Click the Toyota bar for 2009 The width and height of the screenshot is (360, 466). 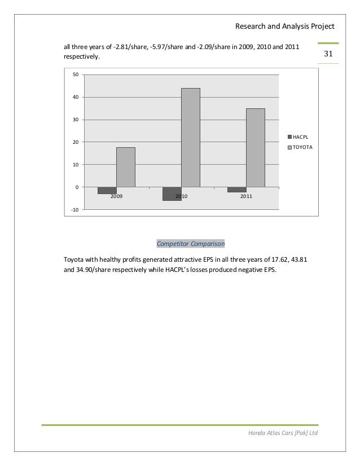(x=125, y=167)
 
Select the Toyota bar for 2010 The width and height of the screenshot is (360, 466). (x=190, y=137)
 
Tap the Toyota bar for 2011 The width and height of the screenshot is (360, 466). (x=255, y=147)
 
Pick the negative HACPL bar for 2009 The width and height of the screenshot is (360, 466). (x=107, y=190)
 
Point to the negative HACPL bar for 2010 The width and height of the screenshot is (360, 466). (x=172, y=194)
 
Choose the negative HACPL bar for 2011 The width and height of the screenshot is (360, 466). (x=236, y=190)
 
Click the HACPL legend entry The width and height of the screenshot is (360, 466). (x=300, y=137)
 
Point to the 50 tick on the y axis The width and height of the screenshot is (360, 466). (x=75, y=75)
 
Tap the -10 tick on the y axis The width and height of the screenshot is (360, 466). (x=75, y=209)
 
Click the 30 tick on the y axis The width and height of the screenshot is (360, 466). (x=75, y=120)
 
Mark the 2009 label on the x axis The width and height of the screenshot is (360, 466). (x=116, y=196)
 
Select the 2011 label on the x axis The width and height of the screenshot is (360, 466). (x=246, y=196)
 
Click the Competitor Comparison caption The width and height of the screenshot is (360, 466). (x=190, y=244)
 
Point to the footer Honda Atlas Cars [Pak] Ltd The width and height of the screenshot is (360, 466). (x=282, y=433)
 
